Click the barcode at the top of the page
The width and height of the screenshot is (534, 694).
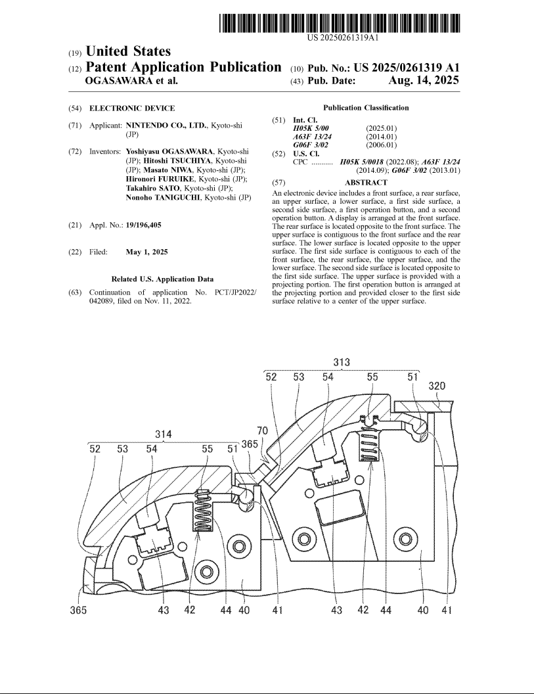pyautogui.click(x=340, y=23)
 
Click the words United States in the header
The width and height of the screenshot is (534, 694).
pyautogui.click(x=128, y=51)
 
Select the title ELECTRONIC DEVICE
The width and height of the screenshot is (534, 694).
pyautogui.click(x=132, y=108)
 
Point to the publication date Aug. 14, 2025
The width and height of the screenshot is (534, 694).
pyautogui.click(x=424, y=80)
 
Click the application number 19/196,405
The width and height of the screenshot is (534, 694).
pyautogui.click(x=144, y=225)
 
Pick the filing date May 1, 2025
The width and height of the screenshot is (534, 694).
pyautogui.click(x=147, y=252)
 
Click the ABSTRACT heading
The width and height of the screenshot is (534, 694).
pyautogui.click(x=366, y=182)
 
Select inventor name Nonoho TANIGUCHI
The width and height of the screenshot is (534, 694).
pyautogui.click(x=164, y=197)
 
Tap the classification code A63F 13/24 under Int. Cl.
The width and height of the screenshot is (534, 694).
pyautogui.click(x=313, y=137)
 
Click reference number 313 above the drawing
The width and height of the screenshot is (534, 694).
pyautogui.click(x=342, y=363)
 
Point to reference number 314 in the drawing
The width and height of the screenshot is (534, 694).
pyautogui.click(x=164, y=434)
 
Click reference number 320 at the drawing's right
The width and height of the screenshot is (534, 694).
pyautogui.click(x=437, y=386)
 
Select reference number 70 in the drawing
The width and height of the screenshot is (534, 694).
pyautogui.click(x=262, y=430)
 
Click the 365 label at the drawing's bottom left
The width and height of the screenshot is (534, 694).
pyautogui.click(x=79, y=611)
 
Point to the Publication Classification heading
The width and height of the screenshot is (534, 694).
pyautogui.click(x=366, y=108)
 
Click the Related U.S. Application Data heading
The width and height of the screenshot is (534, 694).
pyautogui.click(x=162, y=279)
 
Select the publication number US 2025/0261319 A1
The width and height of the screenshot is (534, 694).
pyautogui.click(x=407, y=68)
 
